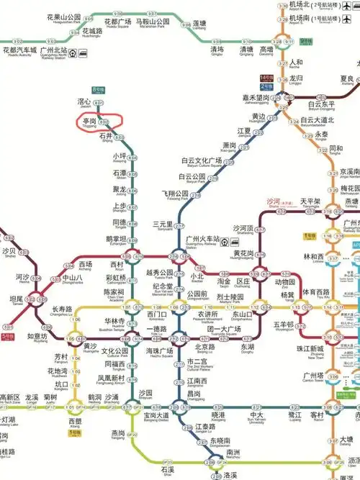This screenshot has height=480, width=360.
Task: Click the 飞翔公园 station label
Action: (x=174, y=194)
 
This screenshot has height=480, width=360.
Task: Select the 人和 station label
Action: (x=296, y=62)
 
